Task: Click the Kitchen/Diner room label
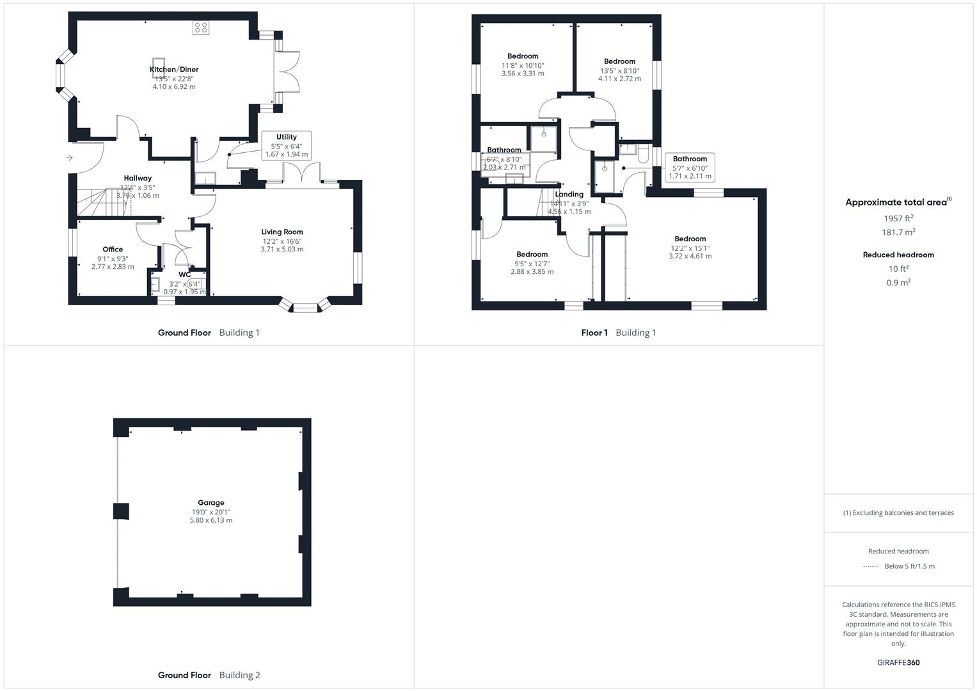point(174,69)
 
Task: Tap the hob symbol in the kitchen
point(201,28)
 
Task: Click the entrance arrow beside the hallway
point(69,158)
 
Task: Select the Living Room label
point(282,232)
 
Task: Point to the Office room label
point(113,250)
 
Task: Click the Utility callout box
point(287,145)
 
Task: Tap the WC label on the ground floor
point(185,274)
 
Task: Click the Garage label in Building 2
point(211,503)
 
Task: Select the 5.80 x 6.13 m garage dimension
point(211,520)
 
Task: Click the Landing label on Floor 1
point(569,195)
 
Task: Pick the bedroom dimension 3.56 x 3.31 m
point(523,74)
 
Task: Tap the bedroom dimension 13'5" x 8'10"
point(619,70)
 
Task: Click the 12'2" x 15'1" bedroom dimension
point(690,248)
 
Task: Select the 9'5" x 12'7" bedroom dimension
point(532,264)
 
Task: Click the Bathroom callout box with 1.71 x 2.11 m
point(690,168)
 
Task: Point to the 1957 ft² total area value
point(898,218)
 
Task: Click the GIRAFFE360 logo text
point(898,663)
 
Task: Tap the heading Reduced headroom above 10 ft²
point(898,255)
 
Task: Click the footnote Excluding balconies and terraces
point(898,512)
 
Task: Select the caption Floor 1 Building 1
point(619,333)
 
